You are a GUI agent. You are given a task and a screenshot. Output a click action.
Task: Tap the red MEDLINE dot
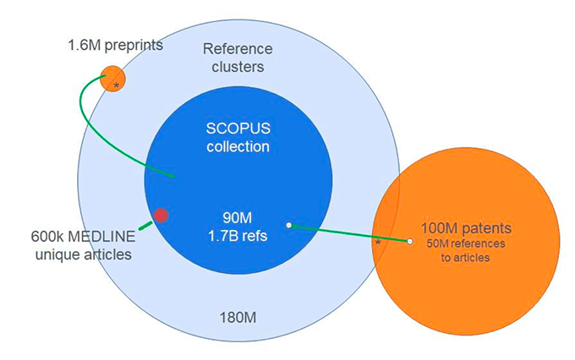point(161,215)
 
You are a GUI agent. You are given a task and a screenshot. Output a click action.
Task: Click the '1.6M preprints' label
point(116,43)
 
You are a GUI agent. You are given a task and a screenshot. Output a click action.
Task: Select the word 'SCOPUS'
point(238,129)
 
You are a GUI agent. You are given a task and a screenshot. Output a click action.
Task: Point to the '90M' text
point(238,219)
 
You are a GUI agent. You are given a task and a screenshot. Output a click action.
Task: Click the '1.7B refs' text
point(238,236)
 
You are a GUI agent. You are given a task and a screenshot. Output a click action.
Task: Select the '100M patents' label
point(466,228)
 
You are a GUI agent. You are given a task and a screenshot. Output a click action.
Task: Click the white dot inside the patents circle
point(410,242)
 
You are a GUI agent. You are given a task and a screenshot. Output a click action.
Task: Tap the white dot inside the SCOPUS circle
point(288,225)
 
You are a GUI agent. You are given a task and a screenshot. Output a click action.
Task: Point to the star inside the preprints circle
point(117,85)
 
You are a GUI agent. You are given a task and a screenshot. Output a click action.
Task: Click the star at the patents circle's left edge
point(378,242)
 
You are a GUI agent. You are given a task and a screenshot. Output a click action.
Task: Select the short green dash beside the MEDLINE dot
point(145,225)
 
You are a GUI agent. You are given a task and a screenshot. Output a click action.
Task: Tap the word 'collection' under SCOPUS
point(238,147)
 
